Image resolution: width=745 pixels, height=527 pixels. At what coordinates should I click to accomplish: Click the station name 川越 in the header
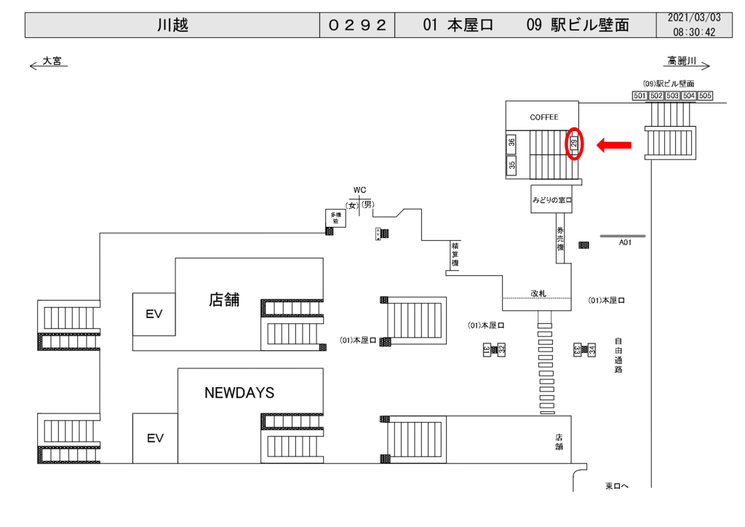(172, 25)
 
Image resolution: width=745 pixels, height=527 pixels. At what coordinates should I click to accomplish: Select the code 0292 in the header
(356, 25)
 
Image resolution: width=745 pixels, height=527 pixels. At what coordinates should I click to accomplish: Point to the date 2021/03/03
(694, 17)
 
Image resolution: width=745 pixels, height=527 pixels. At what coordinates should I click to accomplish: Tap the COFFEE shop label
(543, 117)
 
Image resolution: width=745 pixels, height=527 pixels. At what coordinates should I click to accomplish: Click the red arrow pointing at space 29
(613, 146)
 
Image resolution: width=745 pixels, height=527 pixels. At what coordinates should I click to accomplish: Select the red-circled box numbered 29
(574, 143)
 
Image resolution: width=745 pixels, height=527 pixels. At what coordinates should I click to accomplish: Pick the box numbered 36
(512, 143)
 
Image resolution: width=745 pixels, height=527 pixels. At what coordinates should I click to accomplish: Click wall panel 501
(640, 96)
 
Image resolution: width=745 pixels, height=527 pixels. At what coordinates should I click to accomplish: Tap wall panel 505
(705, 96)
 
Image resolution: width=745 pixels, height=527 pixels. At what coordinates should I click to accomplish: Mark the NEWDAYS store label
(239, 393)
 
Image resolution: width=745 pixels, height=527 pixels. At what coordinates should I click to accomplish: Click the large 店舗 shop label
(224, 300)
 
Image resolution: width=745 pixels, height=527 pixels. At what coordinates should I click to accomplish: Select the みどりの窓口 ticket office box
(551, 199)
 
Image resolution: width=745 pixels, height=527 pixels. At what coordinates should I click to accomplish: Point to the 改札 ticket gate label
(538, 293)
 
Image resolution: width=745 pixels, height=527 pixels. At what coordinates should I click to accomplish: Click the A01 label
(624, 242)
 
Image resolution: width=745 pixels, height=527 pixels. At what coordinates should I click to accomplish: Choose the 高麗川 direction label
(682, 61)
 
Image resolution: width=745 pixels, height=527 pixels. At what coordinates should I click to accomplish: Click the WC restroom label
(359, 190)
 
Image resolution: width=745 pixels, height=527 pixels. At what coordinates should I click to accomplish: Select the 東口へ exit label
(617, 486)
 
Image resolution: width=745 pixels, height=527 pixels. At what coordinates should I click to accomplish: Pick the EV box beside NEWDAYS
(155, 438)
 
